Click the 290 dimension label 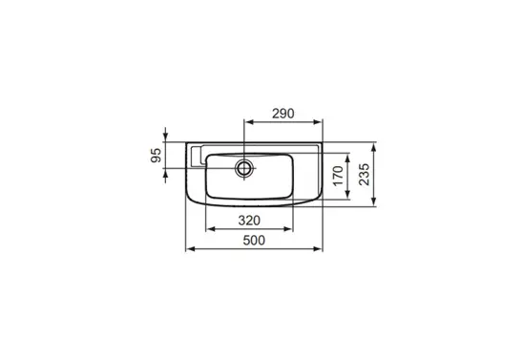tap(283, 114)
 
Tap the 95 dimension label tap(157, 156)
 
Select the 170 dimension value tap(338, 176)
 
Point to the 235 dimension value tap(364, 175)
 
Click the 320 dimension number tap(249, 221)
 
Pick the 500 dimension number tap(254, 241)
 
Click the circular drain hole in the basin tap(244, 168)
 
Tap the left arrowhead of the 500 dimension tap(191, 248)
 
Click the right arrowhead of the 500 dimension tap(318, 248)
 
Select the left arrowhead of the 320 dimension tap(211, 229)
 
